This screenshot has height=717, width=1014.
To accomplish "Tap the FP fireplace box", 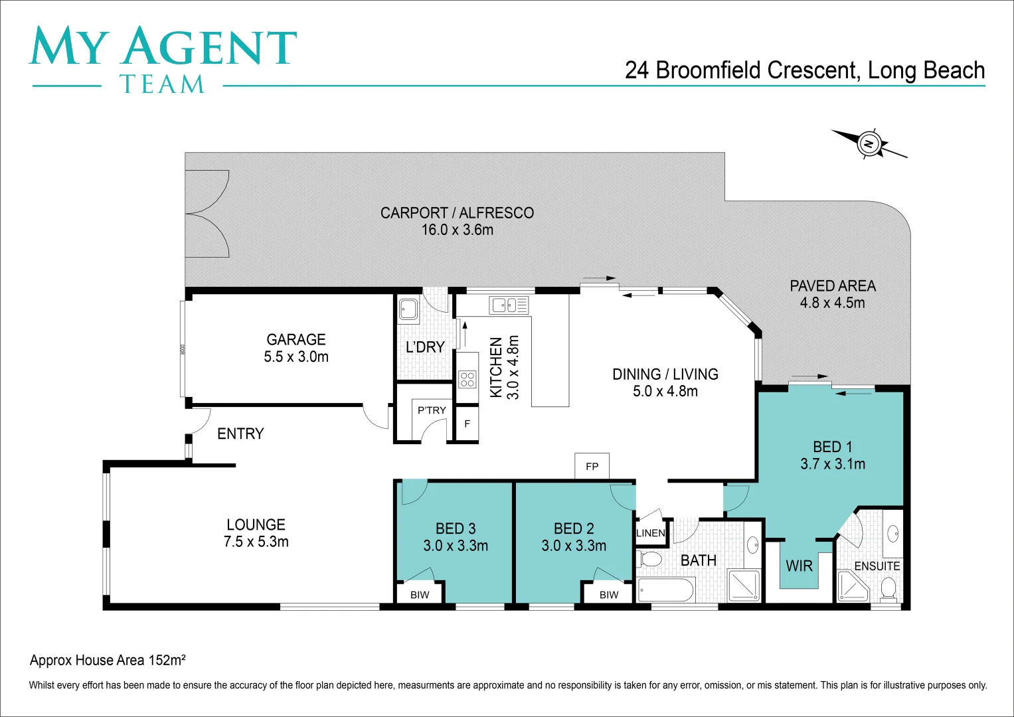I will [x=592, y=466].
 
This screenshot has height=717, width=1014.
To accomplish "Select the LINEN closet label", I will [x=651, y=533].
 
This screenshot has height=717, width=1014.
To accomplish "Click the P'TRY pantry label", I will [x=432, y=410].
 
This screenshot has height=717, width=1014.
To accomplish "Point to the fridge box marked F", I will [x=467, y=424].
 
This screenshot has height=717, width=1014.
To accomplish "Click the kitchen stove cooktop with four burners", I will [x=467, y=379].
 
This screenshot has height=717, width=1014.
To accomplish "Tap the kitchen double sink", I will [x=509, y=305].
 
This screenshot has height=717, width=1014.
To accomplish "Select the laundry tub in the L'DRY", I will [x=408, y=309].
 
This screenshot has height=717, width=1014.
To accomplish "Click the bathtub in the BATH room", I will [x=666, y=590].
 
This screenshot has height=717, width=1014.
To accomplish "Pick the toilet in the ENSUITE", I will [x=888, y=588].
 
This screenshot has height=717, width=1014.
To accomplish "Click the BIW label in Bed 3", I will [x=420, y=595].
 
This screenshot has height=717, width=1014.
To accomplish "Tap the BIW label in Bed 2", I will [x=609, y=595].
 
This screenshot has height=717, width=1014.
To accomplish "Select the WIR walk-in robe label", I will [x=799, y=566].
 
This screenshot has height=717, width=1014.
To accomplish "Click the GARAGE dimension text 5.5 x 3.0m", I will [x=296, y=357].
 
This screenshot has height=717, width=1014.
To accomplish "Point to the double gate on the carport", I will [x=207, y=214].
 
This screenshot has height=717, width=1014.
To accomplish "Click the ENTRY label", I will [x=240, y=434].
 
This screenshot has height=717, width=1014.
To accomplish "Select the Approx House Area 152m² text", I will [x=108, y=660].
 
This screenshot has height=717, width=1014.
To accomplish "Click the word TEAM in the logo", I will [x=162, y=84].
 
